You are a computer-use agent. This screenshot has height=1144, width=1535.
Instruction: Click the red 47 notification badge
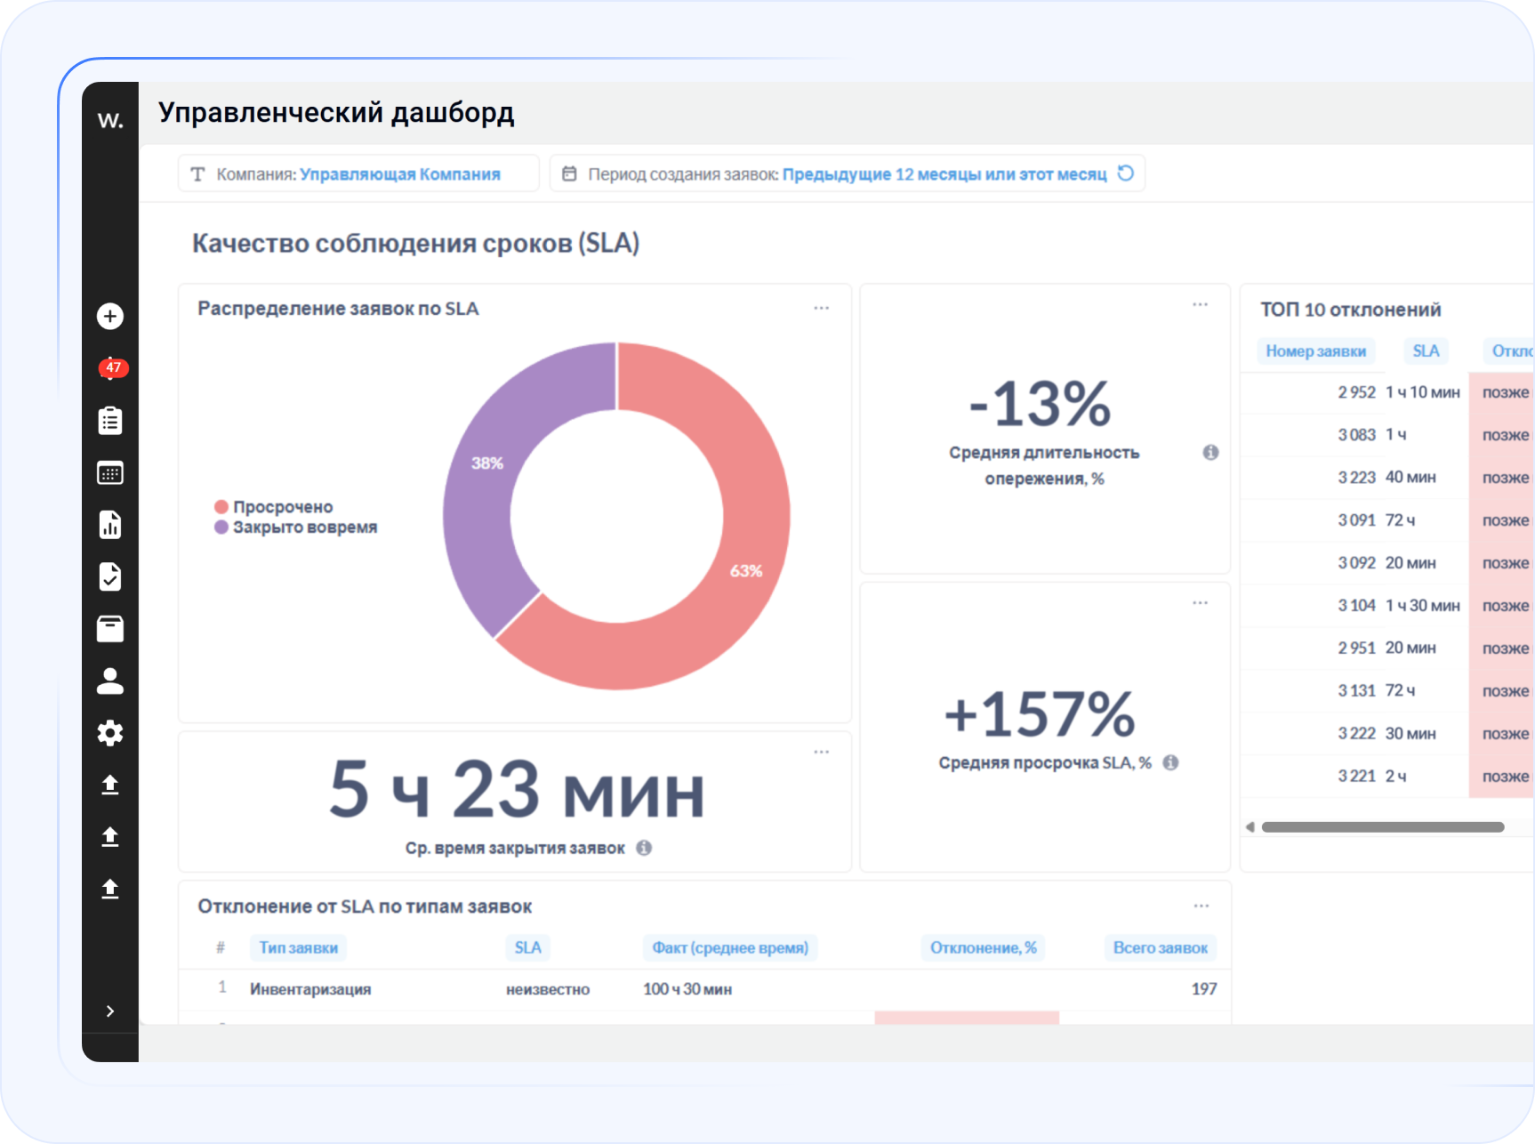(x=113, y=367)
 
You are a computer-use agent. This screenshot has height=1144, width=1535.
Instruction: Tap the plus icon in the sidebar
(x=110, y=316)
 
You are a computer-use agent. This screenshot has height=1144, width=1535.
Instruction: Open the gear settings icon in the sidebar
(x=110, y=733)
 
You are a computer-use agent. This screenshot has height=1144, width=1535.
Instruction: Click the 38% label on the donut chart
(x=487, y=463)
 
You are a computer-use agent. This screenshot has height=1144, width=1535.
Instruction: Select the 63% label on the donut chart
(x=746, y=571)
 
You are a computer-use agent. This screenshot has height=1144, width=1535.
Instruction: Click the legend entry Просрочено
(x=282, y=507)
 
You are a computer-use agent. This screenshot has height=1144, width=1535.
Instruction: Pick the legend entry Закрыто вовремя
(x=304, y=528)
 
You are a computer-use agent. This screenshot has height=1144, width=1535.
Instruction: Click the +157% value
(x=1040, y=714)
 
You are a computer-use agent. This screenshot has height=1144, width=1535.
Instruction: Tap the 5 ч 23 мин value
(x=517, y=790)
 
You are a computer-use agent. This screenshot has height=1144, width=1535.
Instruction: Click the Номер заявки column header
(x=1315, y=351)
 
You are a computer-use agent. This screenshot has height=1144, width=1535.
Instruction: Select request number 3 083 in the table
(x=1356, y=435)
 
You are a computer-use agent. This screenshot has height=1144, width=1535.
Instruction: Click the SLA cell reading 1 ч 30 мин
(x=1422, y=606)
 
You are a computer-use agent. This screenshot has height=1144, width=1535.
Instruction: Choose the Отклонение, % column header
(x=983, y=948)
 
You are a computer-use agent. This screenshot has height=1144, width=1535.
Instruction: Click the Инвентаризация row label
(x=310, y=989)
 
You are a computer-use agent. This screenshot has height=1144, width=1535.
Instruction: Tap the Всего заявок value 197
(x=1203, y=989)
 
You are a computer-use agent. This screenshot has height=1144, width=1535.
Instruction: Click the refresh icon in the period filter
(x=1126, y=173)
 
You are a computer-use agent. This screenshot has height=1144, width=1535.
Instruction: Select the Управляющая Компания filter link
(x=399, y=174)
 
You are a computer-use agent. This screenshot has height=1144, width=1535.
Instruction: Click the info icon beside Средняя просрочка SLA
(x=1170, y=762)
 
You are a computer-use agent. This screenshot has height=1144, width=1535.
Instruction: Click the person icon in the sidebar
(x=110, y=681)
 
